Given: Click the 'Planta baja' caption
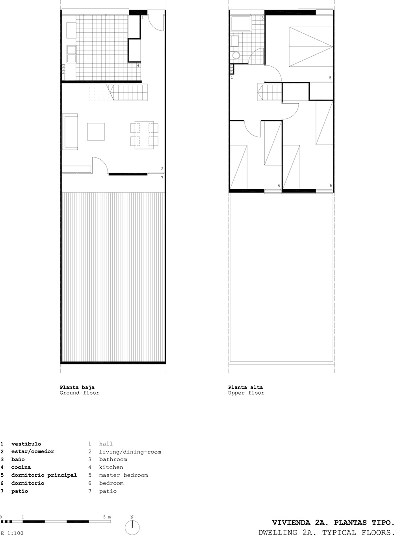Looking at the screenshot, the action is [77, 387].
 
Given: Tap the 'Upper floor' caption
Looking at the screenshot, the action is [246, 393].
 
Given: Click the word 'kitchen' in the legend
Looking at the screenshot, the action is [111, 467].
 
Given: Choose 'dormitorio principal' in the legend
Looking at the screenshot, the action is [44, 475].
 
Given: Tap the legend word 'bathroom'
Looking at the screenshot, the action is [113, 459].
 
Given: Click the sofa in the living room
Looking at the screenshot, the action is [70, 132].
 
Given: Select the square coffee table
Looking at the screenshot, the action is [96, 132].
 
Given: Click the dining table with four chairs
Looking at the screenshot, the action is [144, 135].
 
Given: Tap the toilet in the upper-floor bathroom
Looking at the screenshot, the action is [236, 55].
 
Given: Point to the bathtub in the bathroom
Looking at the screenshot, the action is [241, 23].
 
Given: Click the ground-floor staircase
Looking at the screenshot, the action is [126, 92].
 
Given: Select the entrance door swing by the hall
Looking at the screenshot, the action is [156, 22].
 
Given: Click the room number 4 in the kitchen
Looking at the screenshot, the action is [138, 65].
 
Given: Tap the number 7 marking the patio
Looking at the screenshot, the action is [162, 177].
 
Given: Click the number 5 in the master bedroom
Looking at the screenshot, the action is [330, 78].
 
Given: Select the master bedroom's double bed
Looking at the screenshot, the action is [311, 47].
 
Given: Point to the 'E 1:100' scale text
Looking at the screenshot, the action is [12, 533].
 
